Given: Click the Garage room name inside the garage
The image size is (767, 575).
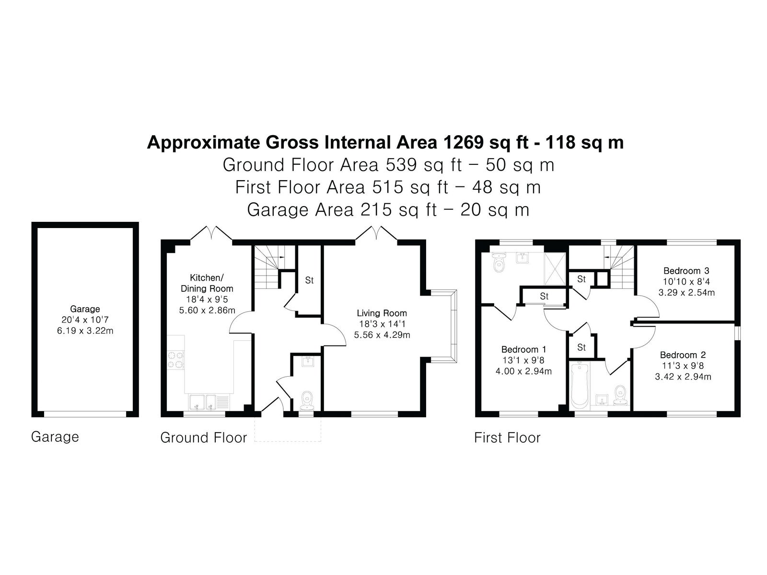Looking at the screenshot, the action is (85, 309).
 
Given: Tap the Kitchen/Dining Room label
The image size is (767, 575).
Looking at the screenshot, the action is (207, 283).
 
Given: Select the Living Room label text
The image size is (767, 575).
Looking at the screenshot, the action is (382, 313).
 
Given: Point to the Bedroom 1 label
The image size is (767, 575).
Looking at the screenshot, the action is (523, 349).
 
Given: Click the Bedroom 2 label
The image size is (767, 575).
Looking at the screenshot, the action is (683, 355).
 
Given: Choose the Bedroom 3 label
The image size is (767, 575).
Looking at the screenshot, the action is (686, 271).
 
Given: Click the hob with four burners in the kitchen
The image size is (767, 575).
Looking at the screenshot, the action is (176, 360).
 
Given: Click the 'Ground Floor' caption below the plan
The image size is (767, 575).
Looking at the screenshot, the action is (203, 438).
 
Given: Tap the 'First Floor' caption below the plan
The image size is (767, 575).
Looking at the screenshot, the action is (507, 438).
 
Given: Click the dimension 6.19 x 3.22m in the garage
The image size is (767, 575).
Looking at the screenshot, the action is (85, 331).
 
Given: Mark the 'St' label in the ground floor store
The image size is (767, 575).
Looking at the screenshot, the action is (309, 280).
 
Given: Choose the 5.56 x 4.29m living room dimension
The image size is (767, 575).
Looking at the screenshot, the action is (382, 335).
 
